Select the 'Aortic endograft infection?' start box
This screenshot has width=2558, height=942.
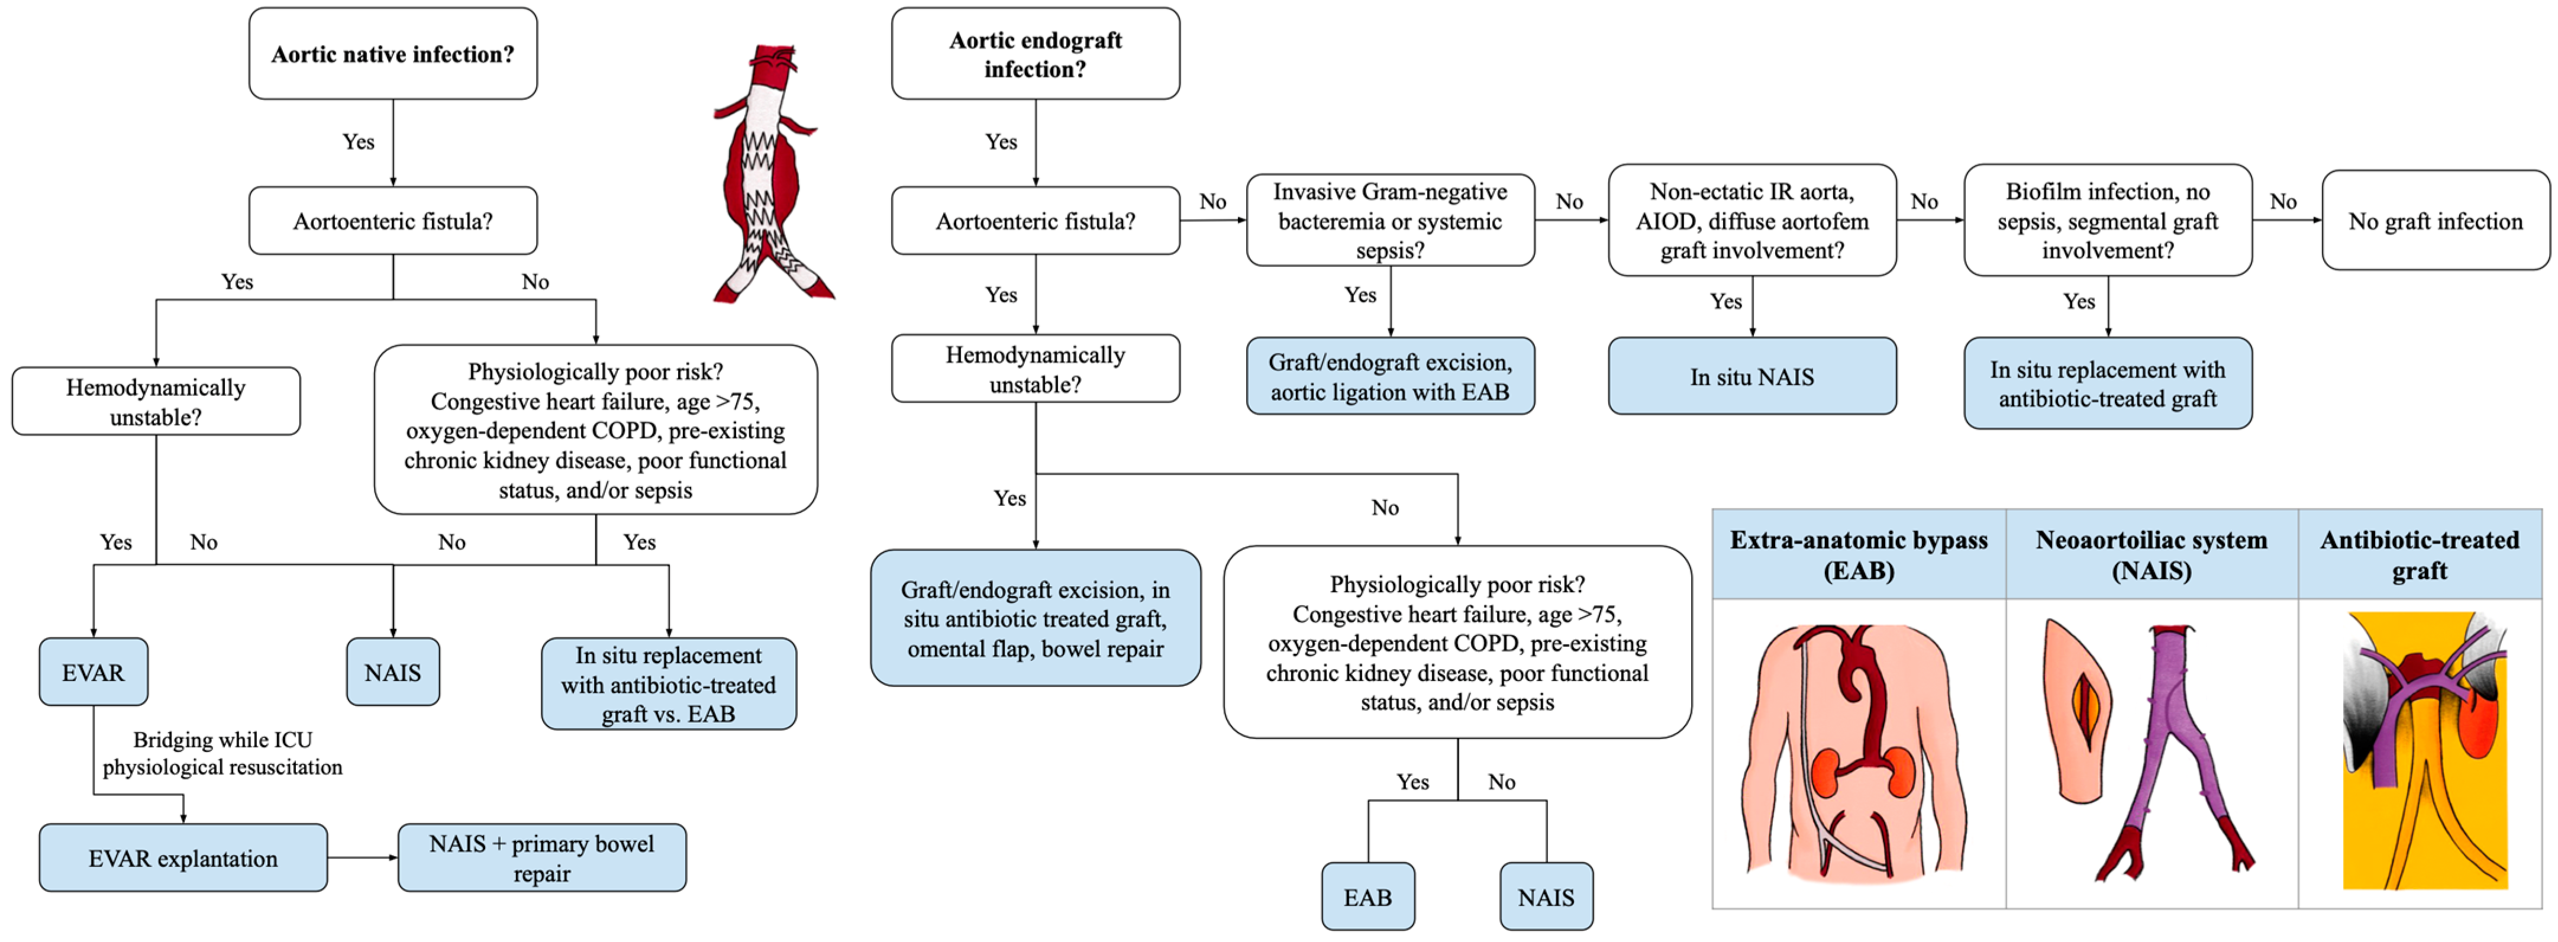(x=1035, y=54)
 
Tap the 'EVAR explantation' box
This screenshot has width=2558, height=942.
(x=183, y=857)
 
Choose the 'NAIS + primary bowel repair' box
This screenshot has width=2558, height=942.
(x=541, y=857)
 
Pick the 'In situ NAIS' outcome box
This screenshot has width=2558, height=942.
(x=1751, y=376)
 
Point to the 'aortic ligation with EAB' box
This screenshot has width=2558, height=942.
(x=1389, y=376)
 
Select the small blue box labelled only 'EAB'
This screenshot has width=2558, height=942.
(x=1367, y=896)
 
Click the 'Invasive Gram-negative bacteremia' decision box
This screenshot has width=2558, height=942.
(x=1389, y=220)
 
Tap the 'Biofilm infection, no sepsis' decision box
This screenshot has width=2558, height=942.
(x=2107, y=220)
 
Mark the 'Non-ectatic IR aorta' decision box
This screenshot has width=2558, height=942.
(x=1751, y=220)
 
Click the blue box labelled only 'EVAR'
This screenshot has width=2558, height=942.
(x=93, y=672)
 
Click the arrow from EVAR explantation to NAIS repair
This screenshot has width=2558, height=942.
(x=363, y=857)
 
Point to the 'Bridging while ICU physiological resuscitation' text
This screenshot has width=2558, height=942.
(x=222, y=753)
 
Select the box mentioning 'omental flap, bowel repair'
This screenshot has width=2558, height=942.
(x=1035, y=618)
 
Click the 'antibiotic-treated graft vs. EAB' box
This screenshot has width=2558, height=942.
(x=668, y=684)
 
